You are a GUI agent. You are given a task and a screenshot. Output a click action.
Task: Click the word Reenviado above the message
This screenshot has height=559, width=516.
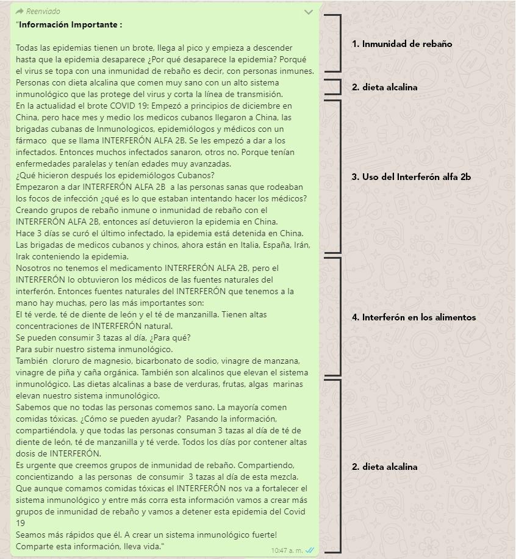point(43,12)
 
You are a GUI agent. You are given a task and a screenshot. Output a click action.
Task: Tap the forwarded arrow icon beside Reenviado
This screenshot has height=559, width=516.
point(20,12)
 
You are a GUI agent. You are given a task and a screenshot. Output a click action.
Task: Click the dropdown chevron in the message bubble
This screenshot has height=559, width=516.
point(309,12)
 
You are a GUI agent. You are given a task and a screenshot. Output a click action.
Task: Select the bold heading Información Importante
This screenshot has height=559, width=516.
point(70,25)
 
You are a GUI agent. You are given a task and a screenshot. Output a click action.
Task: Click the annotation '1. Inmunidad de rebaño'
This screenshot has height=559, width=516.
point(402,44)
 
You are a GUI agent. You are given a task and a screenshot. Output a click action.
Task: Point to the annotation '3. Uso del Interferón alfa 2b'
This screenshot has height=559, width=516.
point(411,177)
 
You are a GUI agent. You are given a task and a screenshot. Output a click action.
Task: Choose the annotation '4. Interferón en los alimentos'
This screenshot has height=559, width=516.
point(414,317)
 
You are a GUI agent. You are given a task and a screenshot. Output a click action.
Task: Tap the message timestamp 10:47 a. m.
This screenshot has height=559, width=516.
point(287,550)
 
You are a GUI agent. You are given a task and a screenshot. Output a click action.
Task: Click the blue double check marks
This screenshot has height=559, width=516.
point(310,550)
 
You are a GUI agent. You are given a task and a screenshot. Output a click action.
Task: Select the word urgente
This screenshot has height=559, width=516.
point(39,466)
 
